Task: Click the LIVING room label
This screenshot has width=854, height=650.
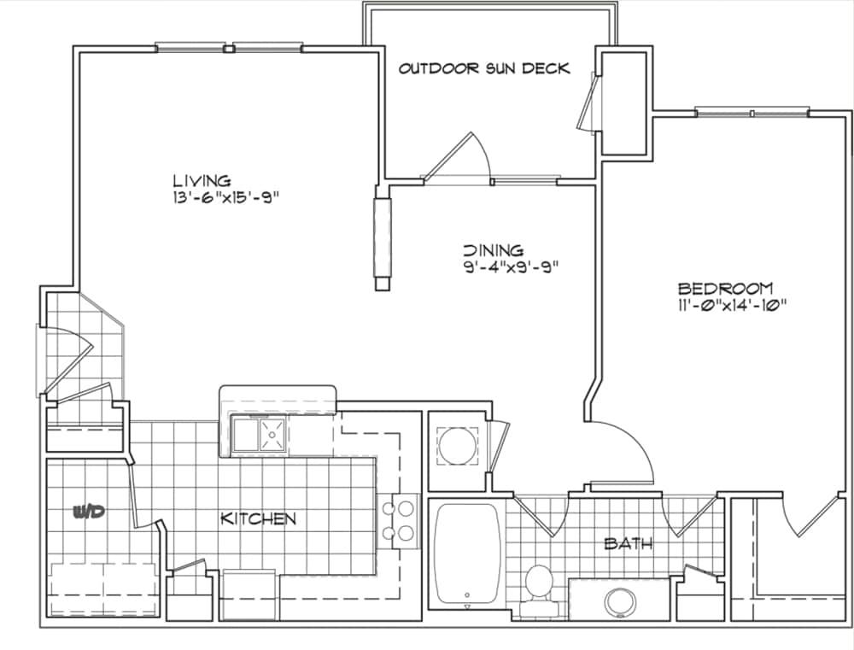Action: tap(202, 180)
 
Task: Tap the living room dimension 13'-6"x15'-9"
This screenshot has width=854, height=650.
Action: tap(225, 197)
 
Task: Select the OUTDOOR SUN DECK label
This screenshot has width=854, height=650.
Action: tap(484, 68)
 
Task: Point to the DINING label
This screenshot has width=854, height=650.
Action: tap(494, 250)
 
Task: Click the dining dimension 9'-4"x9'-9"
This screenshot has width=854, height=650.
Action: tap(512, 267)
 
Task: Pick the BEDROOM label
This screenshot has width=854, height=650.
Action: tap(725, 288)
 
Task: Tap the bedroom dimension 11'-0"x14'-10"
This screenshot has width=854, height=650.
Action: tap(733, 305)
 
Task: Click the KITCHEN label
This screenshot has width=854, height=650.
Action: tap(258, 518)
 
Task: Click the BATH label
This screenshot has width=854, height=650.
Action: tap(629, 543)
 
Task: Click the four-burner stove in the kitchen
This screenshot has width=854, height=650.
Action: tap(398, 521)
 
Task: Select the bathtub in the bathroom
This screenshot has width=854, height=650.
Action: tap(467, 553)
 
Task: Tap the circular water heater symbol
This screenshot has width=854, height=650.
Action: tap(457, 446)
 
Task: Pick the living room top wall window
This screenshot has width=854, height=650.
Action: tap(229, 48)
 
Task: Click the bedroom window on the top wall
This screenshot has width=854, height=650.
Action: tap(752, 113)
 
